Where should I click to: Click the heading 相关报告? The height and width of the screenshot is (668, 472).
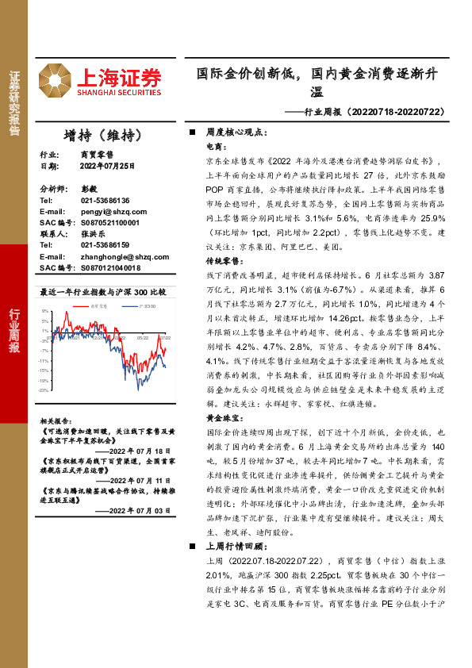point(58,420)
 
